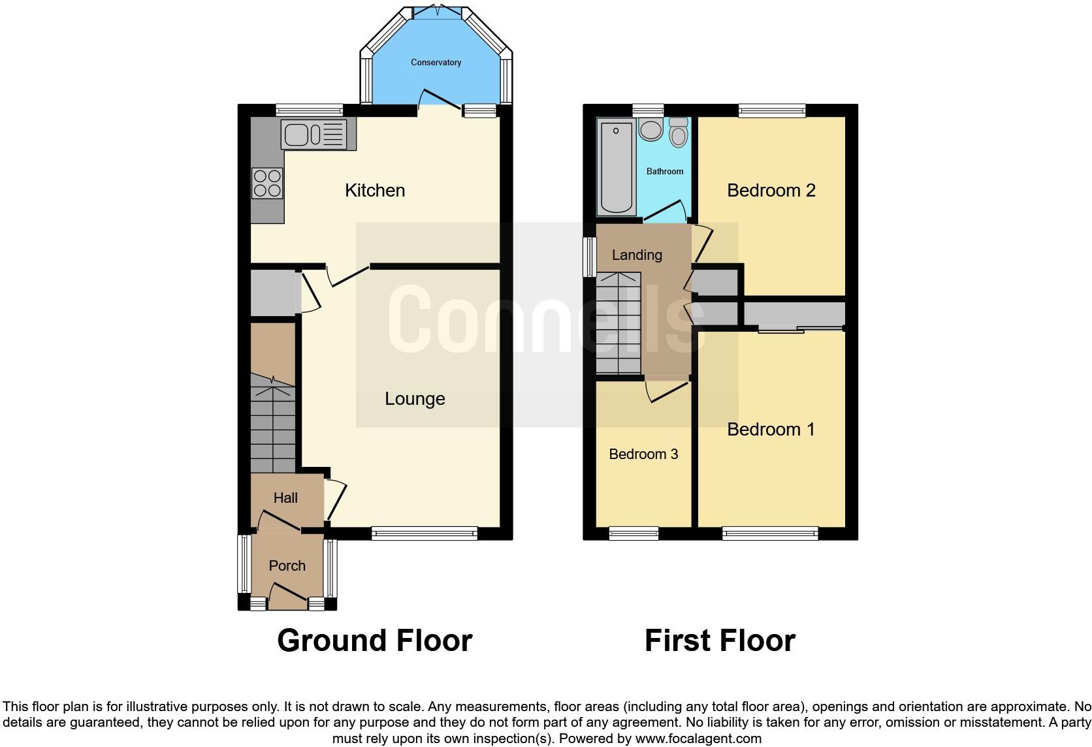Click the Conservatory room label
[436, 63]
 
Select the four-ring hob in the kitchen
[267, 183]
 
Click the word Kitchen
[375, 191]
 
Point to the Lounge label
[415, 399]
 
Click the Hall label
[285, 498]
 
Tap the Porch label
[287, 566]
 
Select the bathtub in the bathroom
[616, 167]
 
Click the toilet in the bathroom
[679, 133]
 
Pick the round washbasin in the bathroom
[650, 129]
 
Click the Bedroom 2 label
[771, 191]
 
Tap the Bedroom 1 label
[771, 430]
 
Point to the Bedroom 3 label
[643, 454]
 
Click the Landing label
[637, 255]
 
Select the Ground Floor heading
[374, 641]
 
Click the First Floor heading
[720, 641]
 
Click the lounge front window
[425, 533]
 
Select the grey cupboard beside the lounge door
[273, 292]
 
